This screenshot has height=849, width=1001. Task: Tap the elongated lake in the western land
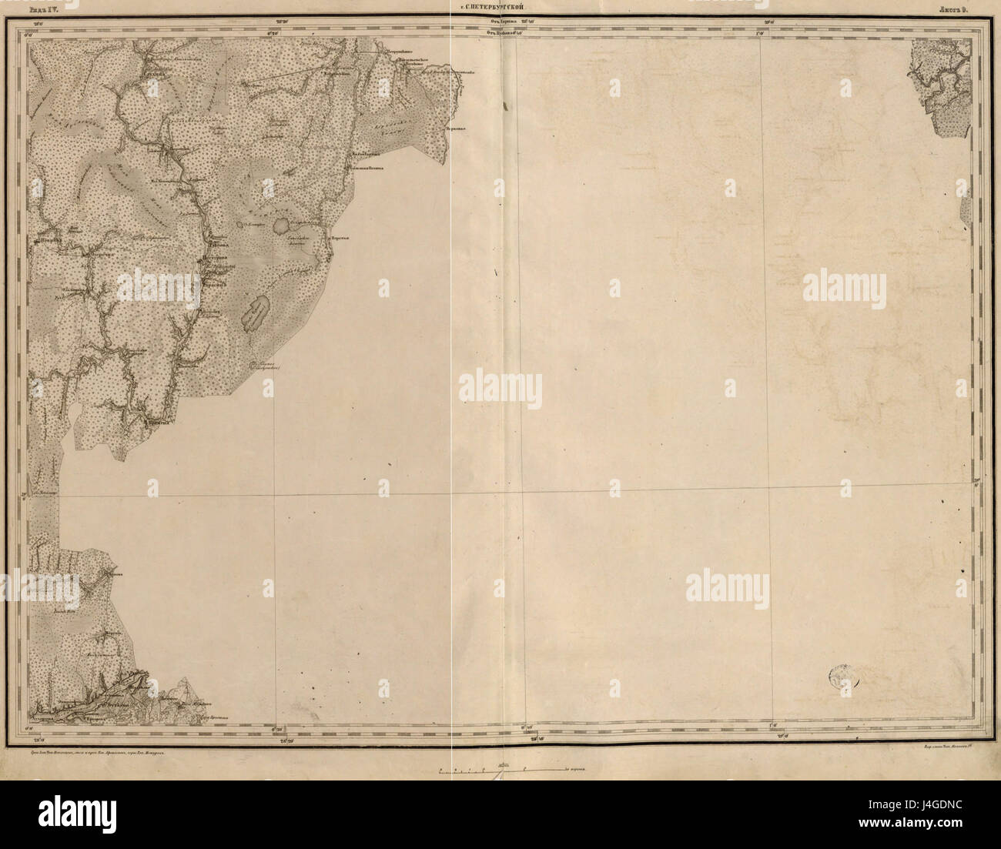pyautogui.click(x=256, y=312)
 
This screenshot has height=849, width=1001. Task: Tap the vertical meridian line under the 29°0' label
pyautogui.click(x=765, y=308)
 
